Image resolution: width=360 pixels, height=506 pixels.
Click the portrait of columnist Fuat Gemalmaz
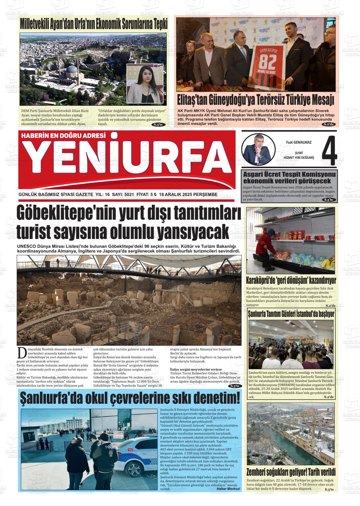point(256,148)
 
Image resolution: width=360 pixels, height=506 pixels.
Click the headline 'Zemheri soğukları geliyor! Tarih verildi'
point(291,472)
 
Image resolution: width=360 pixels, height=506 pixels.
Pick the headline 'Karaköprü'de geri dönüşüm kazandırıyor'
point(291,280)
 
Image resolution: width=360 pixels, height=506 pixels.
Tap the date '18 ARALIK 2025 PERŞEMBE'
point(188,194)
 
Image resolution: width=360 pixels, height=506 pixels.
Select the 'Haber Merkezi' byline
point(228,489)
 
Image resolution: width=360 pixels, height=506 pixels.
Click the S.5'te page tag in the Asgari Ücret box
point(328,200)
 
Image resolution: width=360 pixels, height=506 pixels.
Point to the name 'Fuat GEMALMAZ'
point(298,142)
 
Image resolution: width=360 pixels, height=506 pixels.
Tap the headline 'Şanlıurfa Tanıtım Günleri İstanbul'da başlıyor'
point(291,314)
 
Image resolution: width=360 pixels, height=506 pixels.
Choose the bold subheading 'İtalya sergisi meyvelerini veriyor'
point(196,369)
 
